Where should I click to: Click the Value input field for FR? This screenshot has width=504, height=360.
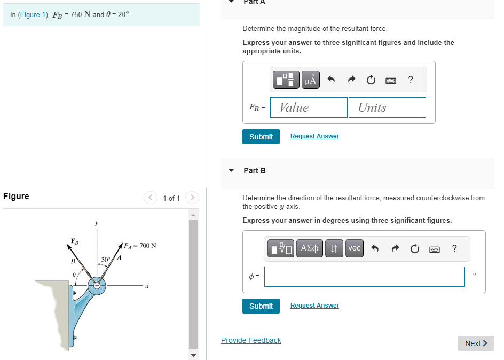pyautogui.click(x=309, y=107)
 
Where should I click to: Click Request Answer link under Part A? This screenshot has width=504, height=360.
pyautogui.click(x=314, y=136)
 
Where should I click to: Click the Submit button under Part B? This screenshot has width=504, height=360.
pyautogui.click(x=261, y=306)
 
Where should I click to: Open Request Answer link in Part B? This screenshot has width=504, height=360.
pyautogui.click(x=314, y=306)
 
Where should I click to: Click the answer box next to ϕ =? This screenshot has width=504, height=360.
pyautogui.click(x=364, y=277)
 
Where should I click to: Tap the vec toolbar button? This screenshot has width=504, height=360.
pyautogui.click(x=355, y=248)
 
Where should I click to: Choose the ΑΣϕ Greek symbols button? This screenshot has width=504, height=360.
pyautogui.click(x=310, y=248)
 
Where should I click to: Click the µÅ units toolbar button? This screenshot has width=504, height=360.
pyautogui.click(x=311, y=80)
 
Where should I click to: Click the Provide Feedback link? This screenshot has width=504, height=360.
pyautogui.click(x=251, y=340)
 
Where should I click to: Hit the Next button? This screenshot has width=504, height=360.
pyautogui.click(x=476, y=343)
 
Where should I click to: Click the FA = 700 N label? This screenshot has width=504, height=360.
pyautogui.click(x=140, y=246)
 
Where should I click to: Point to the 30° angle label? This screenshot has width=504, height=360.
pyautogui.click(x=106, y=260)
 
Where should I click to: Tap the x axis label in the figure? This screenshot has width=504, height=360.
pyautogui.click(x=146, y=287)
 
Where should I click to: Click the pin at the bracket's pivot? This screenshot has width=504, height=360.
pyautogui.click(x=97, y=286)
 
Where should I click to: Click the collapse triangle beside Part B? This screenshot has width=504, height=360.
pyautogui.click(x=231, y=170)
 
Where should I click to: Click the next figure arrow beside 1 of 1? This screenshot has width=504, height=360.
pyautogui.click(x=192, y=198)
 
